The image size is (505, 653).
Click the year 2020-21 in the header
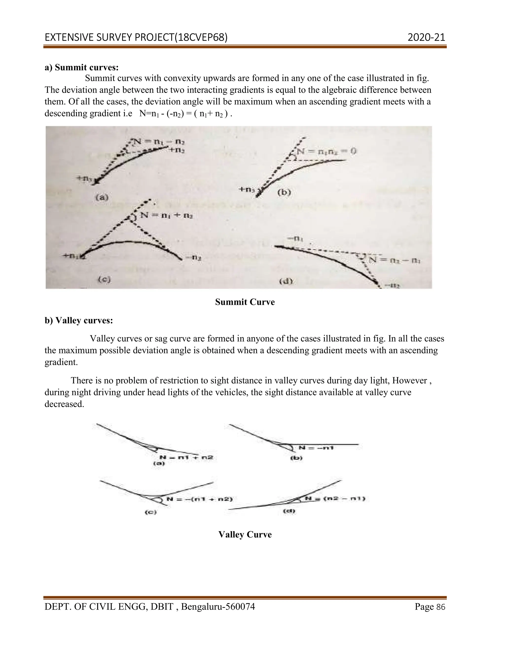tap(426, 37)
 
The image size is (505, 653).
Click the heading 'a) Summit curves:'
tap(82, 67)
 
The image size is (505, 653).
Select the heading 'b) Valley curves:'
tap(79, 321)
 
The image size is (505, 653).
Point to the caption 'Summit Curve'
tap(245, 302)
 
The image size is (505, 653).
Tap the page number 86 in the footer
tap(441, 607)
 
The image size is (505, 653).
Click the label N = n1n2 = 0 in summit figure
tap(327, 151)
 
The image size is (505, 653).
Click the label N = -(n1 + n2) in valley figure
tap(199, 499)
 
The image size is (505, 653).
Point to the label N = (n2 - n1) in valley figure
tap(335, 499)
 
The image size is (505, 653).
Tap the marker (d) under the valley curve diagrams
tap(289, 511)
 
